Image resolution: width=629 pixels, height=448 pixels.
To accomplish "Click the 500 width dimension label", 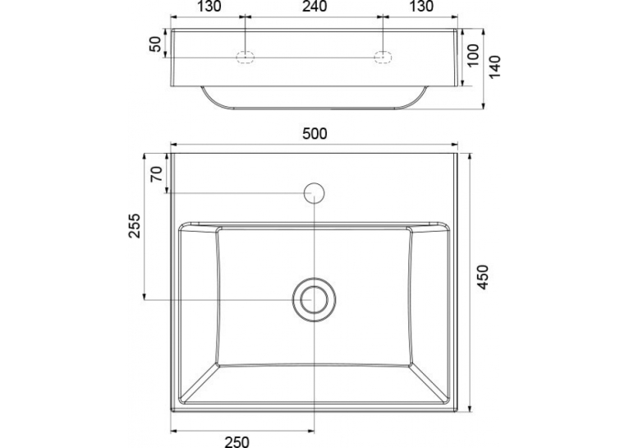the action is [314, 134].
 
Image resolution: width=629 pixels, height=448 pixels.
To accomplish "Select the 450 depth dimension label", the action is [484, 277].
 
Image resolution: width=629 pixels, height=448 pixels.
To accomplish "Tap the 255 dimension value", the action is [135, 225].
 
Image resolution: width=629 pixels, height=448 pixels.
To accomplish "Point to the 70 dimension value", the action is [157, 174].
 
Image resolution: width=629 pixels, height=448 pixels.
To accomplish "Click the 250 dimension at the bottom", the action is [236, 441].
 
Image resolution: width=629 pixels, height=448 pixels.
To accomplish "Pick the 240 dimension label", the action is [314, 7].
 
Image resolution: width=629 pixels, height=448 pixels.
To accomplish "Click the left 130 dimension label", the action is [209, 7].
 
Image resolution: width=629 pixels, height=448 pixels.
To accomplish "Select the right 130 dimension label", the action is [421, 7].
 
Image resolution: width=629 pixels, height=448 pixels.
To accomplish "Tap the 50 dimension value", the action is [155, 44].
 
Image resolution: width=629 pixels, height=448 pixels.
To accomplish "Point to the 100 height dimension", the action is [473, 55].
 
